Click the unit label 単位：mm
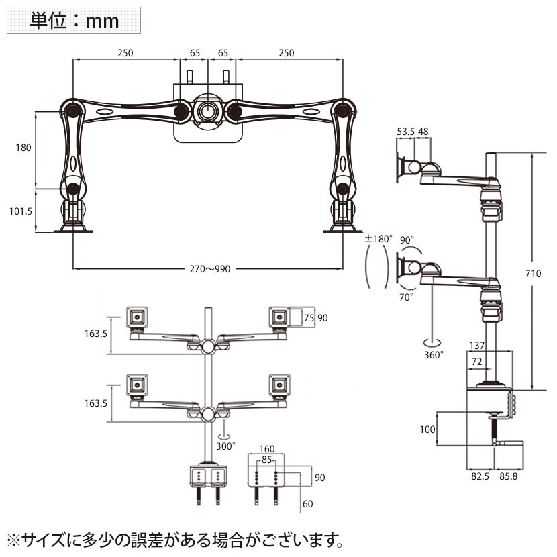(x=74, y=20)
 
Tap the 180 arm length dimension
(x=23, y=148)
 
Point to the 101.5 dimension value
(x=19, y=210)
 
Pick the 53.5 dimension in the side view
(x=405, y=132)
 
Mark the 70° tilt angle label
(x=407, y=295)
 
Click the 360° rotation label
(x=433, y=354)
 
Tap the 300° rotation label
(x=225, y=445)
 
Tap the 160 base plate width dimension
(x=266, y=449)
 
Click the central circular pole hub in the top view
(x=207, y=111)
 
